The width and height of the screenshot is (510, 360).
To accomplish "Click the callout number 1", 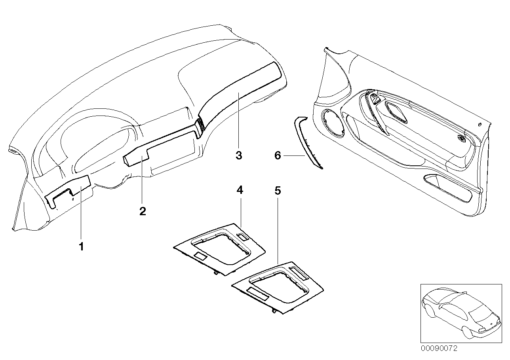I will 81,247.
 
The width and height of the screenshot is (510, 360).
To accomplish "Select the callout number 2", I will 143,211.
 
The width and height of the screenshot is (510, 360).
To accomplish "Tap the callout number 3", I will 238,155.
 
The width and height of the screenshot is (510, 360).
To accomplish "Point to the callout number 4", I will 240,190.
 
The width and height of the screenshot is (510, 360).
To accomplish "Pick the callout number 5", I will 278,191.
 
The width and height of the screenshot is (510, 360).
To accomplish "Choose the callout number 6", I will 278,156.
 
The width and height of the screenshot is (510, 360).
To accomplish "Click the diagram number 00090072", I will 439,349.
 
